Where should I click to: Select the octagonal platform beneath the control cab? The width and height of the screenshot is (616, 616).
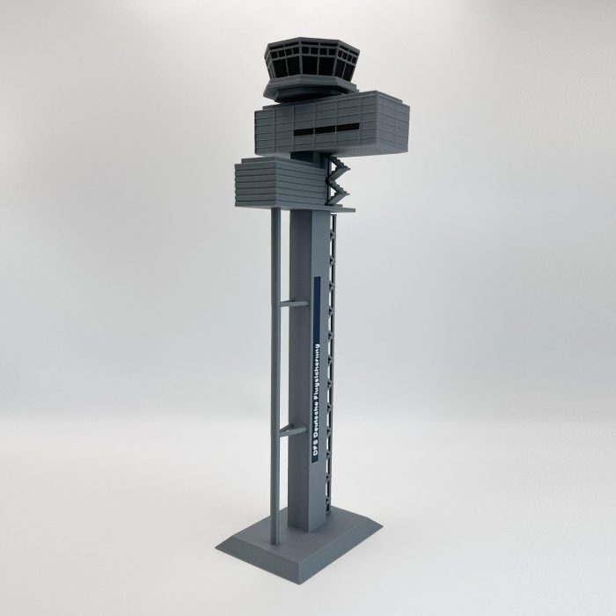pos(308,88)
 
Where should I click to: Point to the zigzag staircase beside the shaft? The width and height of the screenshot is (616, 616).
pos(336,180)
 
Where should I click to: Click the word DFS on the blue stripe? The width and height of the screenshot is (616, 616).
pos(316,447)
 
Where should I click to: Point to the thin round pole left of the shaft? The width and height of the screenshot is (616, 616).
pos(275,370)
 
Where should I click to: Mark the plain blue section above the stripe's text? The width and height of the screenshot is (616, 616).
pos(316,299)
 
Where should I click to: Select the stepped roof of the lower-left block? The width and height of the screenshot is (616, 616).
pos(264,161)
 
